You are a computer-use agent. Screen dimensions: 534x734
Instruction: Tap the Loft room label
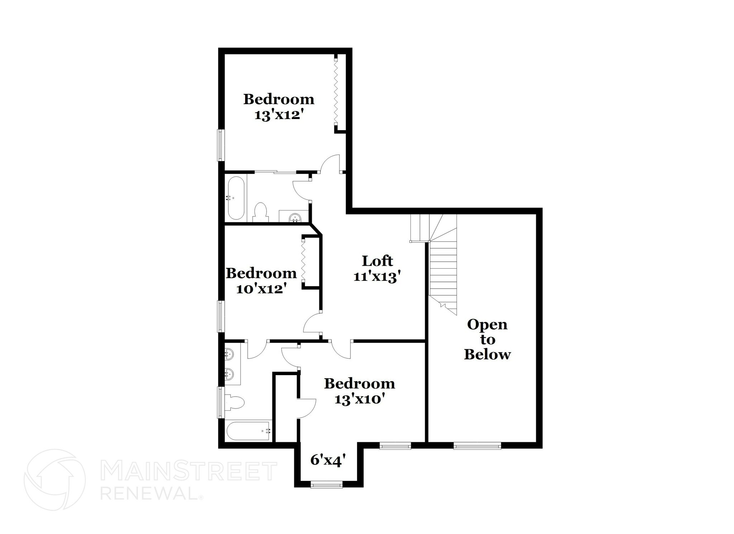click(x=377, y=261)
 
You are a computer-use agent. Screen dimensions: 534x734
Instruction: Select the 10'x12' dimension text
click(x=261, y=288)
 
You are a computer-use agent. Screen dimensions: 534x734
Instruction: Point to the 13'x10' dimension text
click(x=359, y=399)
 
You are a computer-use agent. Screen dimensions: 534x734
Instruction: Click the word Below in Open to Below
click(x=487, y=354)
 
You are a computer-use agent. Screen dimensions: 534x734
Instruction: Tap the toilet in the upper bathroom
click(x=260, y=212)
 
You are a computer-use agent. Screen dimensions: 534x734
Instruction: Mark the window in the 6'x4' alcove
click(x=327, y=485)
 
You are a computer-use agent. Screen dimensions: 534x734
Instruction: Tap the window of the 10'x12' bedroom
click(x=221, y=316)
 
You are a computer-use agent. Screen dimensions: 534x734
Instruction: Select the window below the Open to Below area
click(x=477, y=446)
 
